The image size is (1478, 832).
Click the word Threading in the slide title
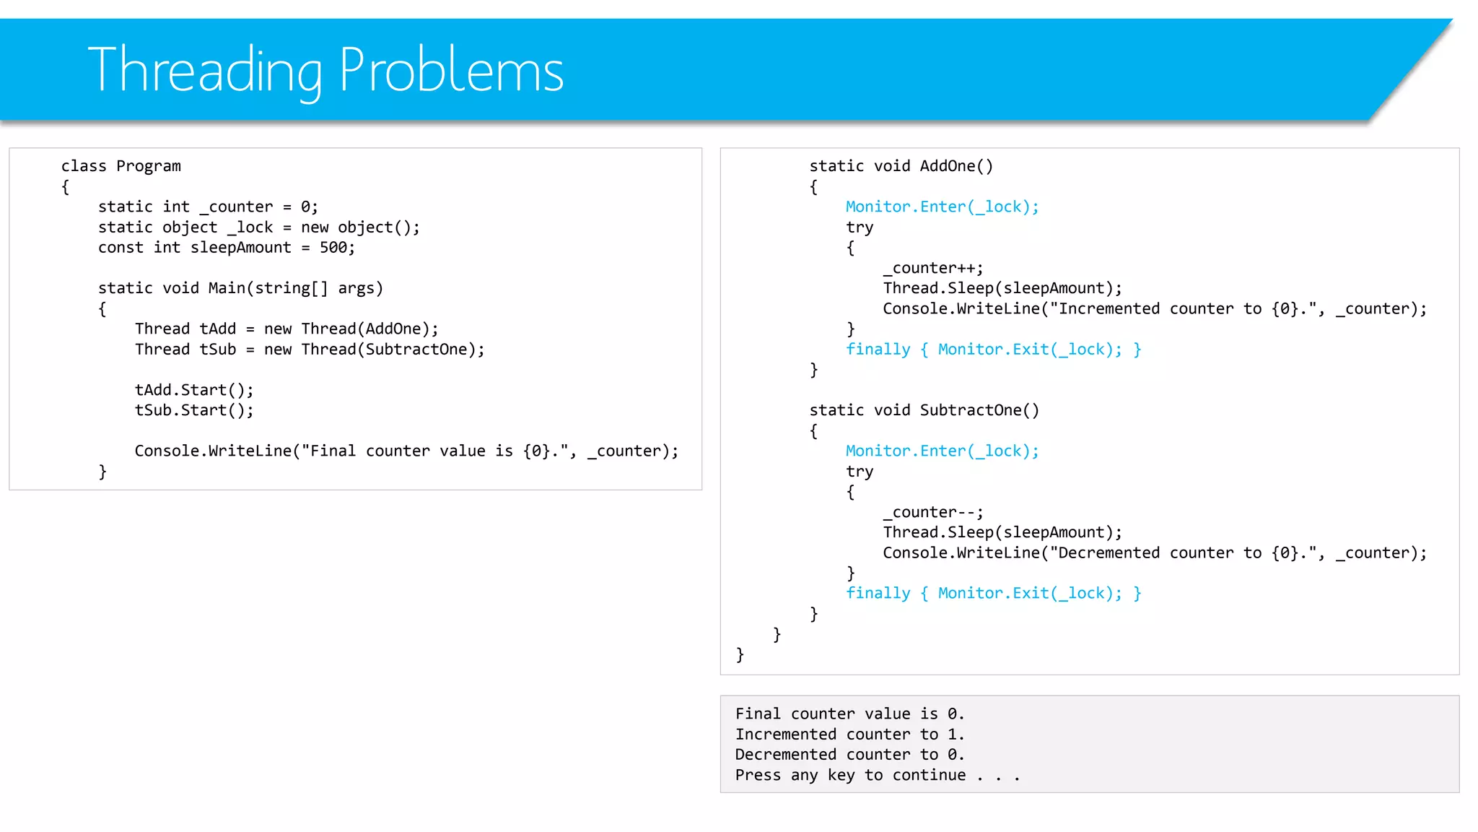tap(205, 71)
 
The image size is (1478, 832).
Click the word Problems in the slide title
tap(451, 71)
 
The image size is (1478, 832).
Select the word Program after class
tap(149, 166)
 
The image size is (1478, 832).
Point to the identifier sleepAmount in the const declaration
tap(241, 248)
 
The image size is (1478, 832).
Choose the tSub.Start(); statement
tap(194, 410)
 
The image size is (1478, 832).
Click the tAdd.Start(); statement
tap(194, 390)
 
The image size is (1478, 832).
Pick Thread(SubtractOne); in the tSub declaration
tap(393, 350)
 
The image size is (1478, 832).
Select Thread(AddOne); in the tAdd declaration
tap(369, 329)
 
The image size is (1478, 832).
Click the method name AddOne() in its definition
tap(956, 166)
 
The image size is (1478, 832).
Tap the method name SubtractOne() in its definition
tap(979, 410)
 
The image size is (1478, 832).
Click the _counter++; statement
tap(933, 268)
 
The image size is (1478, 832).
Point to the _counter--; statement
tap(933, 512)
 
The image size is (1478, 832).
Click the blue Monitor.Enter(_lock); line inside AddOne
tap(942, 207)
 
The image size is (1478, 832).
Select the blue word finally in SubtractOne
tap(878, 594)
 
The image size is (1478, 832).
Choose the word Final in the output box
tap(758, 714)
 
